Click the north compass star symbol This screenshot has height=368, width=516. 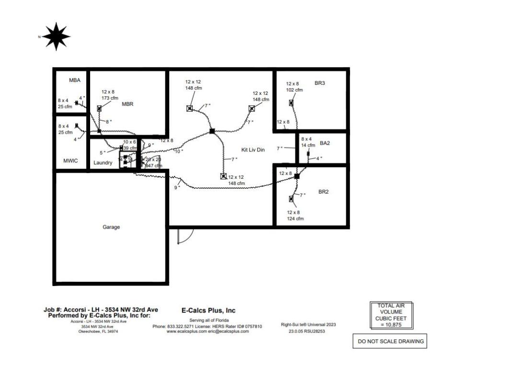point(56,36)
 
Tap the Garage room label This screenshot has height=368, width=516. point(111,227)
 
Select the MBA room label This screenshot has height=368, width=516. point(74,80)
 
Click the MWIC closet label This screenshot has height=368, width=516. point(71,161)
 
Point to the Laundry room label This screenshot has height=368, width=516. point(103,163)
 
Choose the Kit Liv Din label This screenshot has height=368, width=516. point(253,150)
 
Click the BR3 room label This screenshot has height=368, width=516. point(320,83)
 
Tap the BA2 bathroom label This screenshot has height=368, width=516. point(325,143)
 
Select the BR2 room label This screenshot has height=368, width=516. point(324,192)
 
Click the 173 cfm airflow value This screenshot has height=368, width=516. point(110,98)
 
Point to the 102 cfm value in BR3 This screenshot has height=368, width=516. point(294,90)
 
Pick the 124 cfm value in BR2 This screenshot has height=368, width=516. point(295,219)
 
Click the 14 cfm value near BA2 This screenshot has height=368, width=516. point(308,145)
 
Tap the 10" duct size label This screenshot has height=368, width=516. point(178,151)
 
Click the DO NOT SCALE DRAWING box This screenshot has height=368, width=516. point(389,342)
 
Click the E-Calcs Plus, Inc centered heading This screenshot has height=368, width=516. point(208,310)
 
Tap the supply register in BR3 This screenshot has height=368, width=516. point(291,103)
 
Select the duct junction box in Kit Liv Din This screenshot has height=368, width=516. point(212,131)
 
